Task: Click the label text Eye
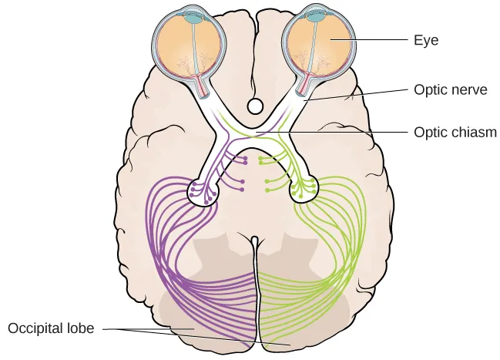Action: tap(425, 40)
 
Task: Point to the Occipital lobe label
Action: tap(51, 328)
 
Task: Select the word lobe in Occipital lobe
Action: tap(81, 328)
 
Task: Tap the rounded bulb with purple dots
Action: tap(202, 191)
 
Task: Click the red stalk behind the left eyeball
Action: tap(203, 84)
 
